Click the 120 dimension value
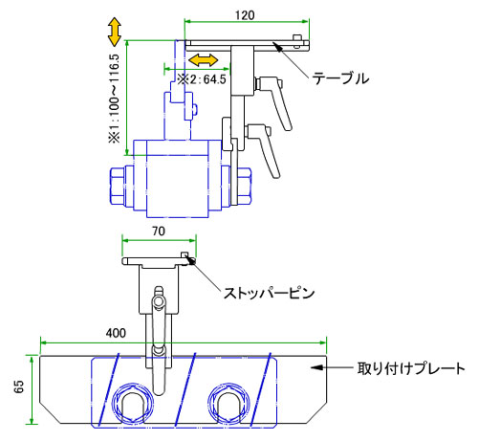[x=245, y=15]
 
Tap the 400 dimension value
[x=116, y=333]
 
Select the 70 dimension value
[x=159, y=232]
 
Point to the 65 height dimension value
[x=19, y=386]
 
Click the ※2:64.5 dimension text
[x=202, y=79]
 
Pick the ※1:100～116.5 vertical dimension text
[x=114, y=99]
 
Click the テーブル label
[x=340, y=78]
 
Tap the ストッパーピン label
[x=270, y=293]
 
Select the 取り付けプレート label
[x=411, y=368]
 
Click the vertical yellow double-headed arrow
[x=115, y=33]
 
